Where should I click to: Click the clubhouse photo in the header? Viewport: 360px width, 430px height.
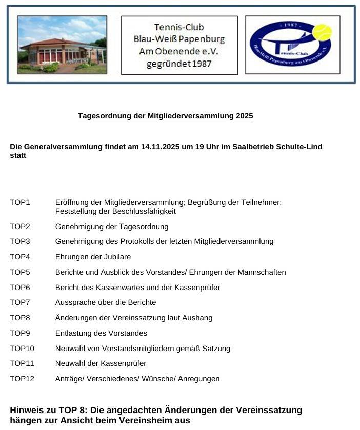pos(62,45)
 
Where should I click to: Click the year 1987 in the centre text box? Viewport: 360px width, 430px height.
pos(199,64)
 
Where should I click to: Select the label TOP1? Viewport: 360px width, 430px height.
pos(20,202)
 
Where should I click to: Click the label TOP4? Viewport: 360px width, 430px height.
pos(20,257)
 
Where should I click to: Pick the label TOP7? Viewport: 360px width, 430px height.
pos(20,302)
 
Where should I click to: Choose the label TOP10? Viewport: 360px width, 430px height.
pos(22,349)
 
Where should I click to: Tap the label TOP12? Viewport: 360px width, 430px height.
pos(22,379)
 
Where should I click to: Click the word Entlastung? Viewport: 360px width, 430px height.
pos(73,333)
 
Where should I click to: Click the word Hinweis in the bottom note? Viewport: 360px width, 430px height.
pos(26,410)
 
